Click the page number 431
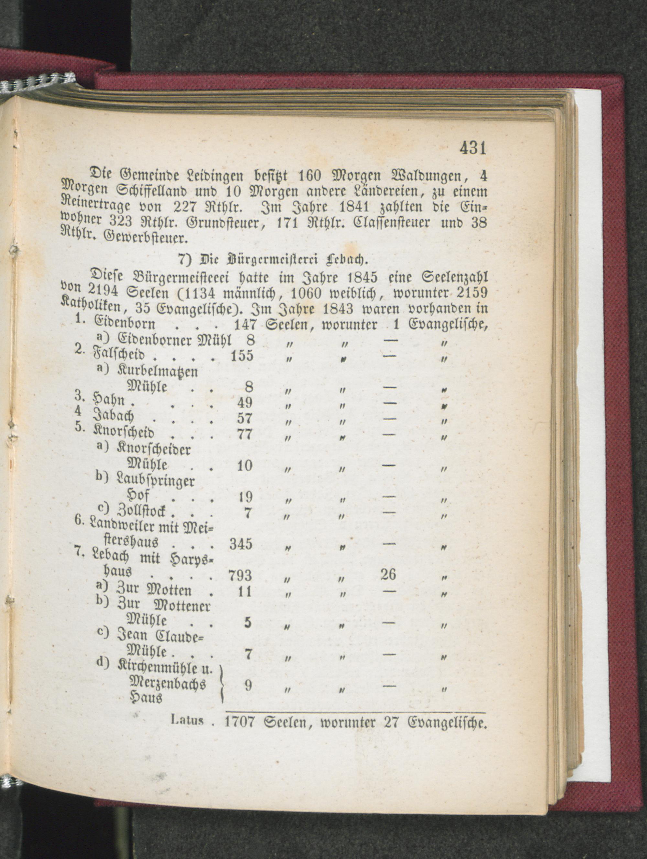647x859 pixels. (x=473, y=148)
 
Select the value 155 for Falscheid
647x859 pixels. (x=242, y=356)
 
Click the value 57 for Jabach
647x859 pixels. (x=245, y=418)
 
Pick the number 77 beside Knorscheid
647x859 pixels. (x=245, y=434)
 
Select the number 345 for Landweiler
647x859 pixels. (x=241, y=544)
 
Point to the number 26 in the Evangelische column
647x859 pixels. (x=388, y=574)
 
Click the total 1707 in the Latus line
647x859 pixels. (x=239, y=722)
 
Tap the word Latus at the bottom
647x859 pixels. (x=187, y=721)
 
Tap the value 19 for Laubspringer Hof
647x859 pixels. (x=245, y=497)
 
